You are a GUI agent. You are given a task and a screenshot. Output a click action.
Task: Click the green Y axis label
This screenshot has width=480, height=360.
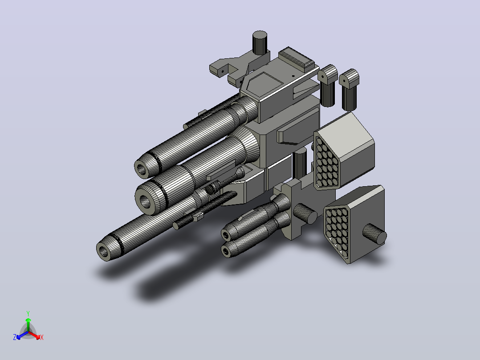pos(28,313)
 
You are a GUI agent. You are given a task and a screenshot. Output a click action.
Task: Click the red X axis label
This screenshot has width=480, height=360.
pos(42,337)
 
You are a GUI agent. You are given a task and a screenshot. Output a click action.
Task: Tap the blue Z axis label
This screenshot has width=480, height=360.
pos(15,337)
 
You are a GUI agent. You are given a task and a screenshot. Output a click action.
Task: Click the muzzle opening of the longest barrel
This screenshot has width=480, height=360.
pos(104,252)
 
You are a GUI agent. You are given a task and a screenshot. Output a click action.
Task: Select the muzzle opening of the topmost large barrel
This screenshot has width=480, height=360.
pos(142,169)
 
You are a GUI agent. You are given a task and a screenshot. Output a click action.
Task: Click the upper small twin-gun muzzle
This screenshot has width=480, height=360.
pos(226,235)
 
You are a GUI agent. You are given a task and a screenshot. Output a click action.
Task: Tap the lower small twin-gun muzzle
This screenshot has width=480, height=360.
pos(226,252)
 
